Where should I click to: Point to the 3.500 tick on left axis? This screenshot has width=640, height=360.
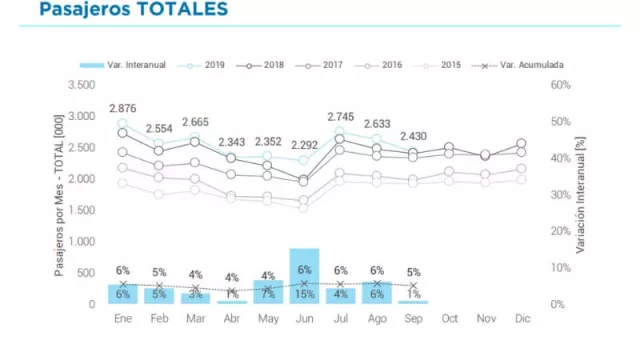click(x=81, y=85)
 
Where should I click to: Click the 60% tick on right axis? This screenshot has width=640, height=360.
click(x=561, y=85)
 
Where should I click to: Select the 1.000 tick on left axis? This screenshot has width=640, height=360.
click(x=81, y=242)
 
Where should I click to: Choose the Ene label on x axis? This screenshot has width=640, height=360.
click(x=124, y=319)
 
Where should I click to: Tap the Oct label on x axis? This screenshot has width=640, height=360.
click(x=449, y=319)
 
